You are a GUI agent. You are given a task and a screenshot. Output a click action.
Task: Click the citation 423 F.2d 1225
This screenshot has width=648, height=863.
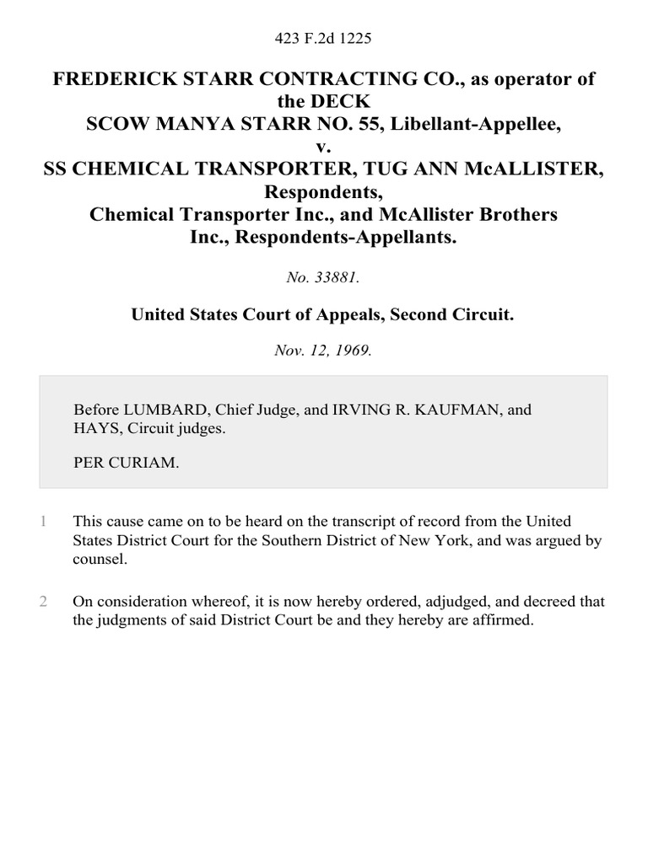(324, 38)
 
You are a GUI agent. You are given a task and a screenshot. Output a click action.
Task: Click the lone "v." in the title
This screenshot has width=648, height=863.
(324, 147)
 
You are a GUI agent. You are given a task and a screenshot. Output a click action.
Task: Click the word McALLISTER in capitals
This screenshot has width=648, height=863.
(534, 170)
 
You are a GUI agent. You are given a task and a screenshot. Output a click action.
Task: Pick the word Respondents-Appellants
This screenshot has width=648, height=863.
(347, 238)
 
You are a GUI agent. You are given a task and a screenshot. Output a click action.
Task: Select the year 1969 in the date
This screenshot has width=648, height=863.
(353, 350)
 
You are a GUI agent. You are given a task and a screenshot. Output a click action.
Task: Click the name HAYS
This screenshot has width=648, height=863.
(93, 427)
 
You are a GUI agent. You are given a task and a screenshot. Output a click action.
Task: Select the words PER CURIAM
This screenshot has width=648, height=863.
(127, 463)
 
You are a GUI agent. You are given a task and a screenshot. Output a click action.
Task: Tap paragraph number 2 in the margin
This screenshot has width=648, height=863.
(43, 602)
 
